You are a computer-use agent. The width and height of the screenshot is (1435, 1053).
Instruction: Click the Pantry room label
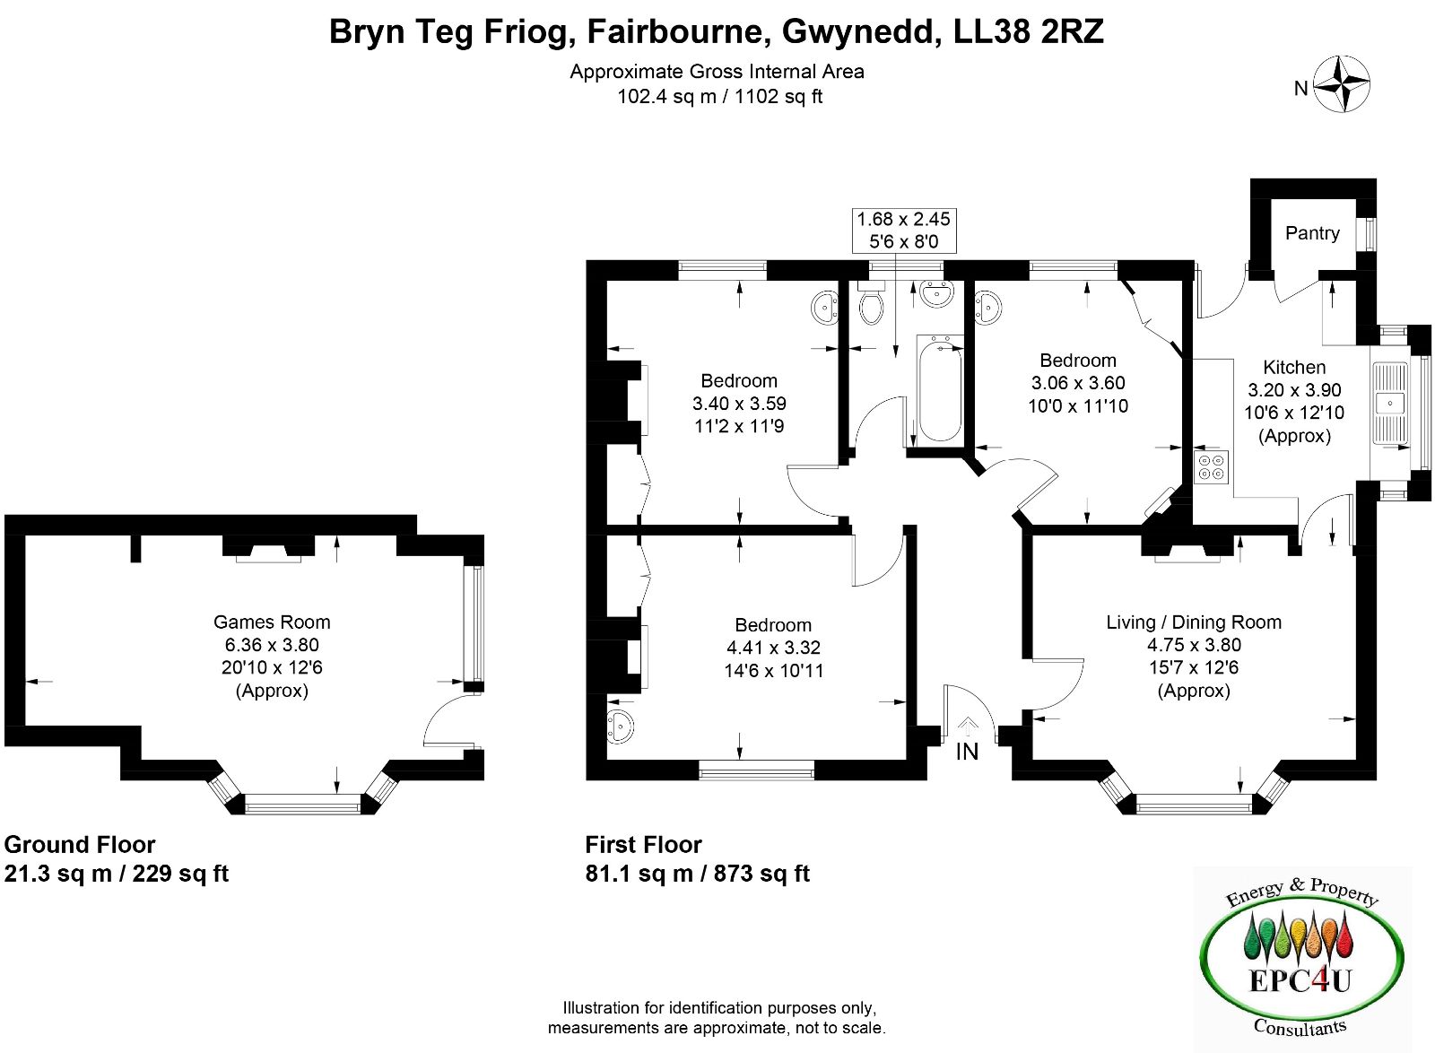click(x=1312, y=233)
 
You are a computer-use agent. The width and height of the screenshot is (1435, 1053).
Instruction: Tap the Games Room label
click(x=272, y=622)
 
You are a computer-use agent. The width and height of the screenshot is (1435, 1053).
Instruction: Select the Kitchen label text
click(x=1294, y=367)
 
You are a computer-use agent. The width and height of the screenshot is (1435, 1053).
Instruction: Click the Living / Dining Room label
click(x=1194, y=622)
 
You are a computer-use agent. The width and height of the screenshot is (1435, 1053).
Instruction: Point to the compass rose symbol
click(x=1342, y=85)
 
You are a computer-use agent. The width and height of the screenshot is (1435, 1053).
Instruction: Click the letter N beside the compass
click(x=1300, y=88)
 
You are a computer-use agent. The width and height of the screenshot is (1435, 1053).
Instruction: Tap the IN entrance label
click(x=967, y=752)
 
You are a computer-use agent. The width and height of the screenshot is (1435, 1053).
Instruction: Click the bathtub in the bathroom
click(x=939, y=388)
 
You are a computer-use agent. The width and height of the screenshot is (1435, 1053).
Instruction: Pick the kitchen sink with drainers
click(x=1390, y=404)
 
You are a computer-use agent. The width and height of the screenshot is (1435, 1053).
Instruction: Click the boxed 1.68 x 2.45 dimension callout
click(x=903, y=230)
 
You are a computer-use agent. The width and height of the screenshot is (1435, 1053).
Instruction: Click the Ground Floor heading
click(x=80, y=845)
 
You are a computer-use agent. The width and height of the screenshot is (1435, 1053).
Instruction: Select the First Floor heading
click(x=643, y=845)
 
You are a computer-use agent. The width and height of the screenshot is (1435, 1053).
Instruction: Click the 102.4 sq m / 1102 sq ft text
click(x=719, y=97)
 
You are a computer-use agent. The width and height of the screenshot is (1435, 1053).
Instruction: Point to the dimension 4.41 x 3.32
click(x=773, y=648)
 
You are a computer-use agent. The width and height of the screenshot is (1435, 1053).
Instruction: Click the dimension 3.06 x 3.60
click(x=1078, y=383)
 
